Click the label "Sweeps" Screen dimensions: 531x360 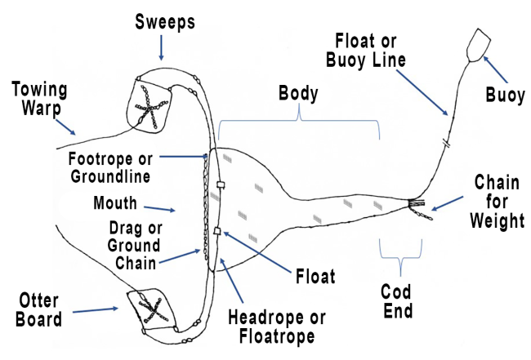coord(165,22)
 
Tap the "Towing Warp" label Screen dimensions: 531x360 coord(40,99)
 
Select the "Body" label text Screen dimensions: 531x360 coord(298,94)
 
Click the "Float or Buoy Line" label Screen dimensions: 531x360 coord(366,51)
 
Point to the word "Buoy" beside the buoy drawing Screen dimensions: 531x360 coord(505,95)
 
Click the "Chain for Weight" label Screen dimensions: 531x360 coord(498,202)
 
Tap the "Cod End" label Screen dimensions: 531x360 coord(396,301)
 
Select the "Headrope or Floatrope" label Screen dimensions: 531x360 coord(277,327)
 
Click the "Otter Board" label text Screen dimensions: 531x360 coord(38,310)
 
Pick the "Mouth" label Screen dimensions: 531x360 coord(115,203)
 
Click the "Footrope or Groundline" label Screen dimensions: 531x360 coord(110,167)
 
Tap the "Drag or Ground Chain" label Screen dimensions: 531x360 coord(135,246)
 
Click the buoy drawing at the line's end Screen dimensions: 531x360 coord(478,46)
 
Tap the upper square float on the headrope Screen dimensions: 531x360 coord(221,184)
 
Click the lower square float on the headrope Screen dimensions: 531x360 coord(217,231)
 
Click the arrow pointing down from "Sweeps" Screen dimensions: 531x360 coord(161,47)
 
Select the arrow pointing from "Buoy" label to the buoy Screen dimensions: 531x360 coord(495,69)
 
